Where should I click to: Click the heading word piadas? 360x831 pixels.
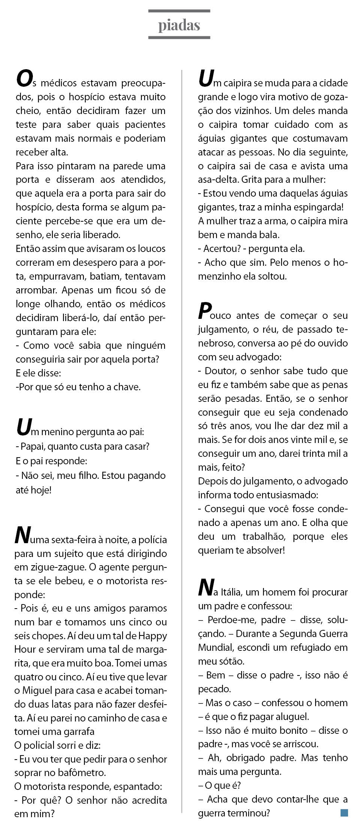[179, 25]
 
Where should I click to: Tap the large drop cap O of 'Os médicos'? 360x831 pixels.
[24, 79]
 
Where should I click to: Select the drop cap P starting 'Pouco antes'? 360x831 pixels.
[204, 311]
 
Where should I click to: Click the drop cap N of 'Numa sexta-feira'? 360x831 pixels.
[22, 535]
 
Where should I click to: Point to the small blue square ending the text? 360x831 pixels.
[344, 812]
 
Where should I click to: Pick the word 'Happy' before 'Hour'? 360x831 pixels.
[153, 635]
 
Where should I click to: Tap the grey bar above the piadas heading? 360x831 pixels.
[179, 11]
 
